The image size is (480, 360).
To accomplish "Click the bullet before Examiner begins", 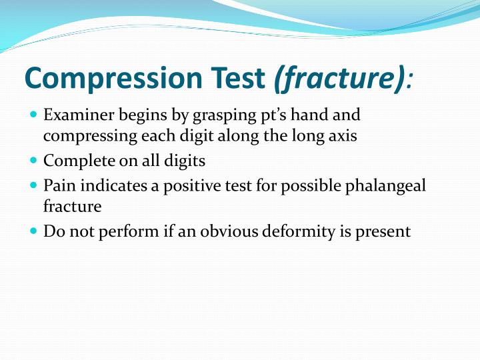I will point(35,115).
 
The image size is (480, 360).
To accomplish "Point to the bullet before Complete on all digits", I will point(35,161).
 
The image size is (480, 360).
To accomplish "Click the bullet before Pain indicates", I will point(35,185).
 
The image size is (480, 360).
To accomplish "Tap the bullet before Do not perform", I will point(35,231).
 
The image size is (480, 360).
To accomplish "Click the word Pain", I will point(57,185).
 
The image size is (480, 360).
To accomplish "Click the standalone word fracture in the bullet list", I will point(72,207).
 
